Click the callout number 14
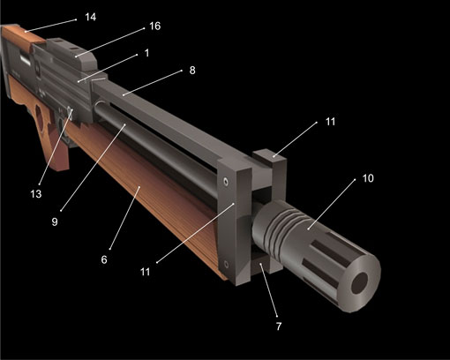click(91, 17)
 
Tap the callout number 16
click(155, 26)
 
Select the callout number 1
click(147, 53)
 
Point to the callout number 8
click(192, 71)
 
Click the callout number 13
click(36, 194)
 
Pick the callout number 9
click(55, 221)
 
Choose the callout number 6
click(104, 259)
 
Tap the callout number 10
click(368, 178)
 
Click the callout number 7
click(279, 326)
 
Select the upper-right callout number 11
click(330, 122)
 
